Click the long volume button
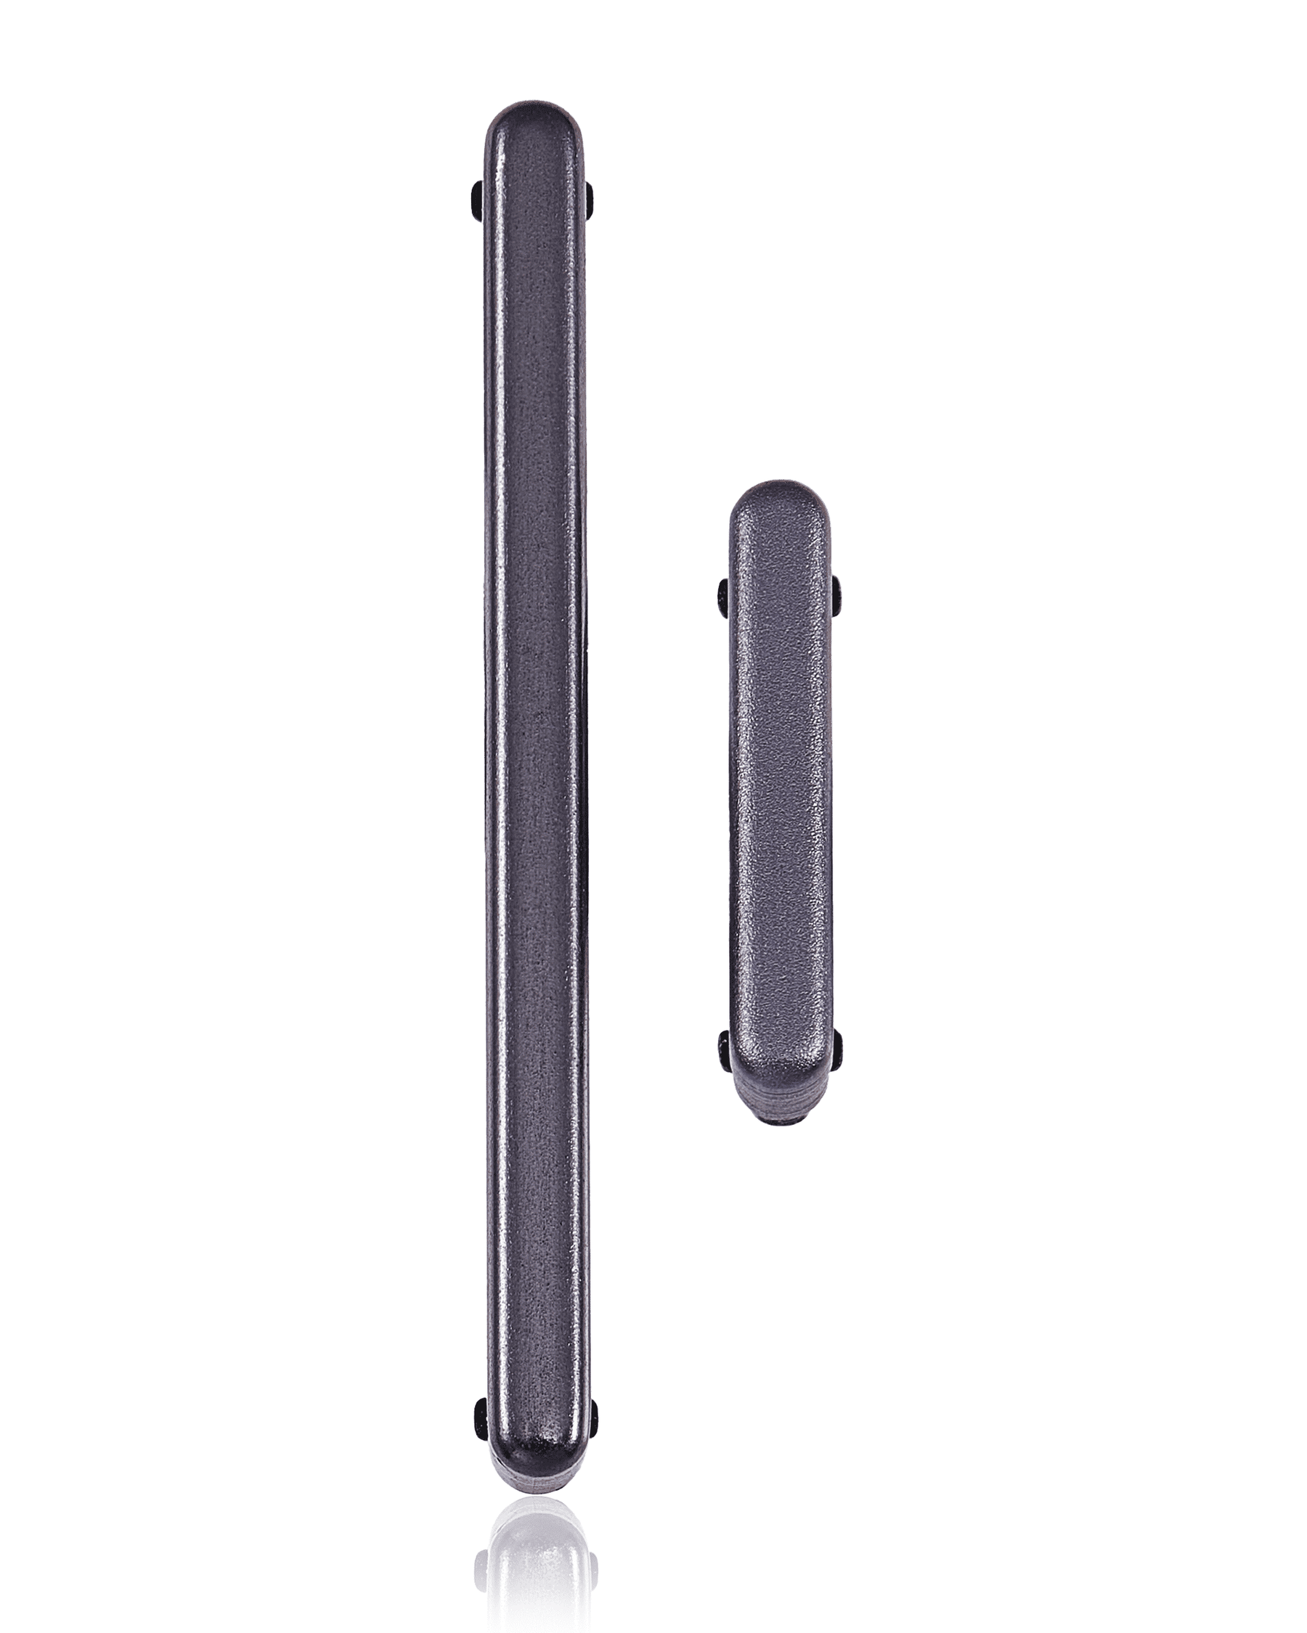click(536, 758)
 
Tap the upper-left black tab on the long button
click(476, 206)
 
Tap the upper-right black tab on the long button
click(592, 206)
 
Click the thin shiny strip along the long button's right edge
click(581, 758)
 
